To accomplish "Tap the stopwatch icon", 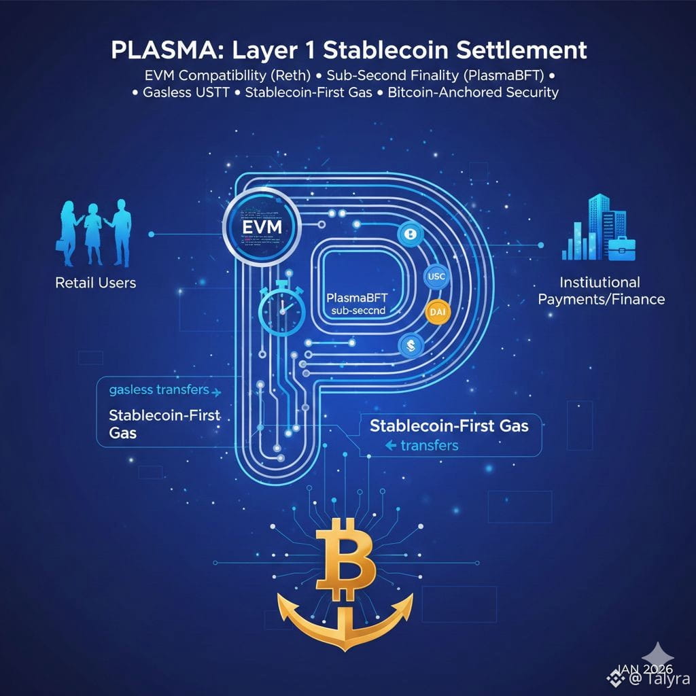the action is (281, 307).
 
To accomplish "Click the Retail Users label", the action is (95, 282).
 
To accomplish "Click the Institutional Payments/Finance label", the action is (601, 290).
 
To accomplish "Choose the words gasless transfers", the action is (159, 390).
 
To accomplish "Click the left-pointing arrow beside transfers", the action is (390, 446).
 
